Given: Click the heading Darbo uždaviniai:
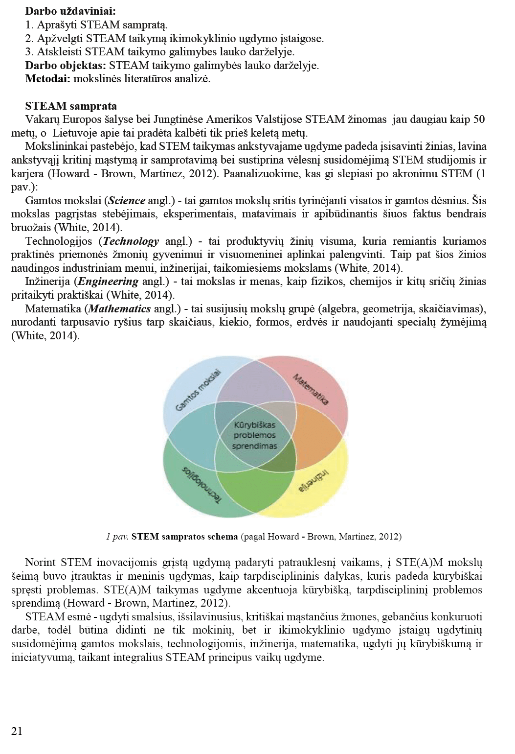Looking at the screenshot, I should coord(70,10).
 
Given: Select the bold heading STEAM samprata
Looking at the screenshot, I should coord(71,106).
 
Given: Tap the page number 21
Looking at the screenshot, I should coord(17,731).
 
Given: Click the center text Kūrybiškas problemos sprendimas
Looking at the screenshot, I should coord(255,435).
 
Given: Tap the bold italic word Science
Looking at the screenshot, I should coord(127,200).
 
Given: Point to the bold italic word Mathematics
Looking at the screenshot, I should coord(119,309).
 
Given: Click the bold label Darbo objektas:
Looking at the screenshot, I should coord(66,65).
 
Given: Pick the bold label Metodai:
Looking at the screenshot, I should coord(47,78).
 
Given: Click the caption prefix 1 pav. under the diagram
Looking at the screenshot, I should coord(117,536).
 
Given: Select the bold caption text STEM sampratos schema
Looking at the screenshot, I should coord(185,536).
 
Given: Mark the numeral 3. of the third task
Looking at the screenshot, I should coord(29,51).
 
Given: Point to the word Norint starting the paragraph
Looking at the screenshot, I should coord(41,563).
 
